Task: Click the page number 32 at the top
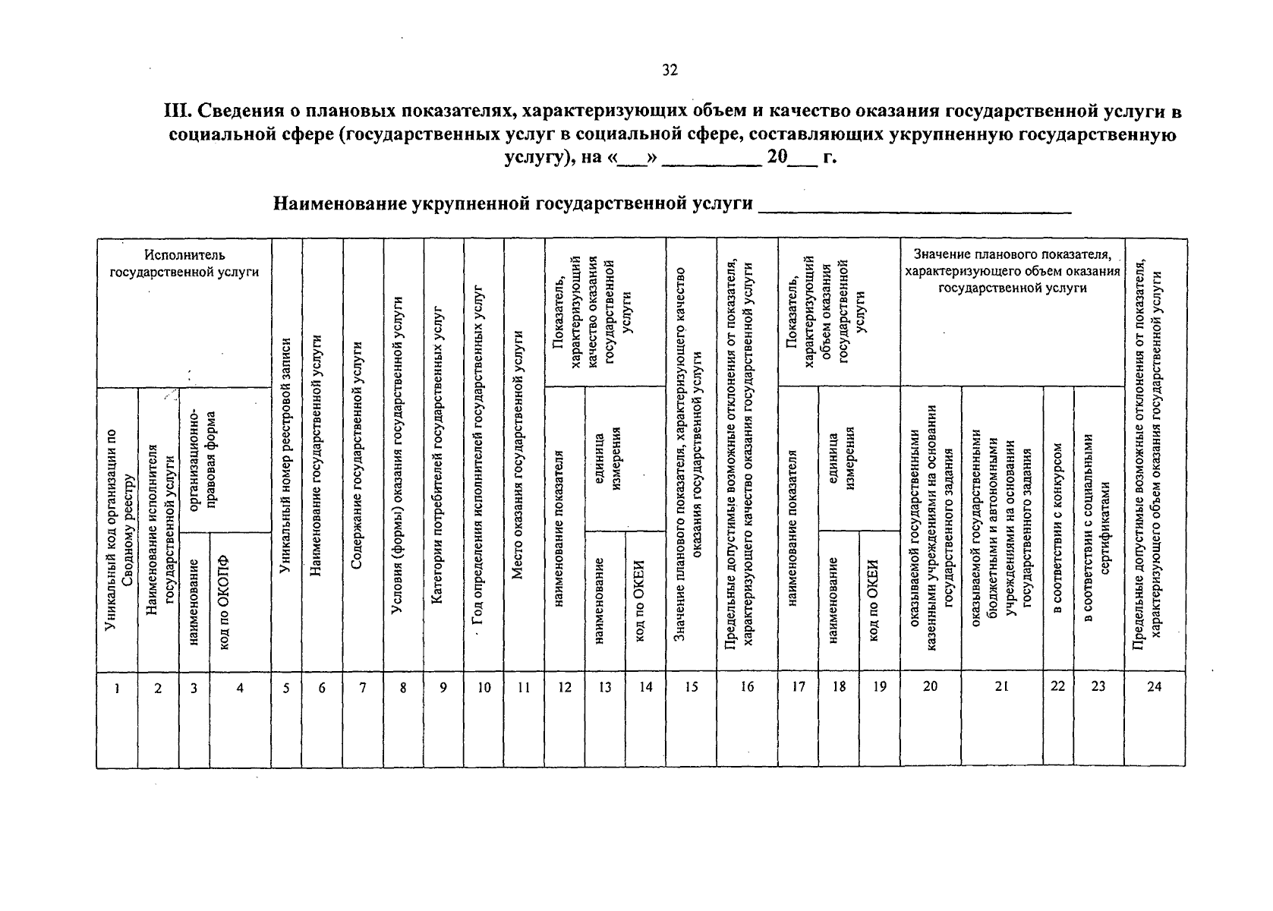[670, 71]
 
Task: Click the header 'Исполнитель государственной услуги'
[184, 263]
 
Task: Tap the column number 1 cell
[116, 688]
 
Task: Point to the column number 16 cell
[747, 687]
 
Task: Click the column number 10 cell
[484, 688]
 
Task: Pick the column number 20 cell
[930, 686]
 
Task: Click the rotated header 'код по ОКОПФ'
[225, 602]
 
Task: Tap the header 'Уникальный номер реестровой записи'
[285, 455]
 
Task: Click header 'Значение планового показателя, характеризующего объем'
[1013, 270]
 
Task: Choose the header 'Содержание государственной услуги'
[361, 455]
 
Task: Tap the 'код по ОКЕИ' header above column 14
[641, 602]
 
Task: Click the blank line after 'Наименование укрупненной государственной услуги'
[914, 206]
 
